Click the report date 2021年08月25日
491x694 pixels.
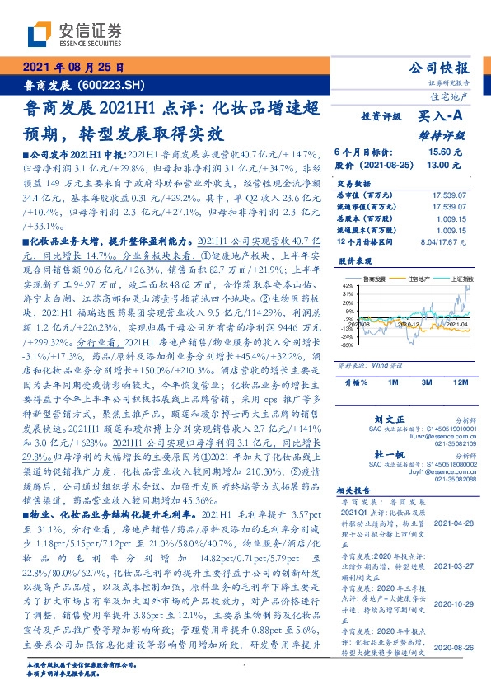[73, 68]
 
